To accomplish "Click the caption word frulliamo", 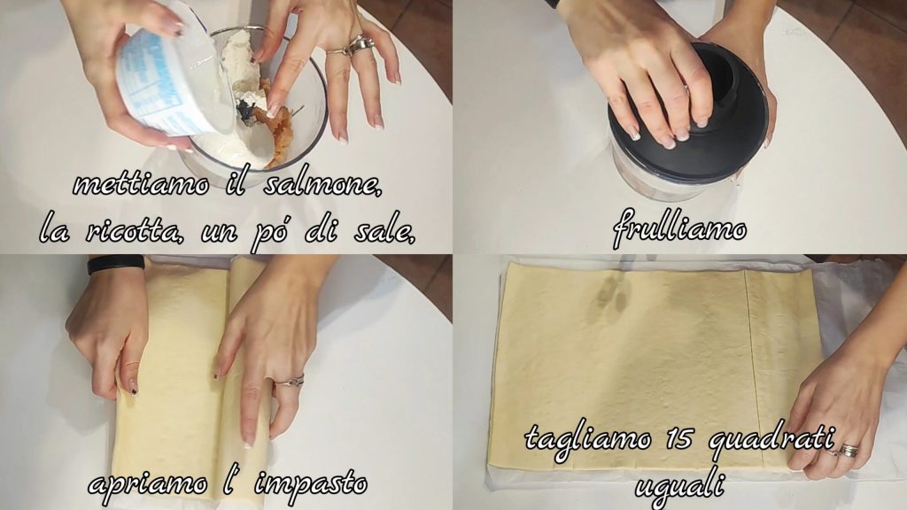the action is click(679, 229).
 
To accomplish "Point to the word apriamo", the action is click(149, 483).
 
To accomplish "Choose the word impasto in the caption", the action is click(311, 483).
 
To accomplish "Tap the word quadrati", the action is click(771, 441).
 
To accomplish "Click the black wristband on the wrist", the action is click(116, 264).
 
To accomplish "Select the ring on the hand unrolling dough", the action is click(290, 381).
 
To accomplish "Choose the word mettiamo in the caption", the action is click(141, 185).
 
